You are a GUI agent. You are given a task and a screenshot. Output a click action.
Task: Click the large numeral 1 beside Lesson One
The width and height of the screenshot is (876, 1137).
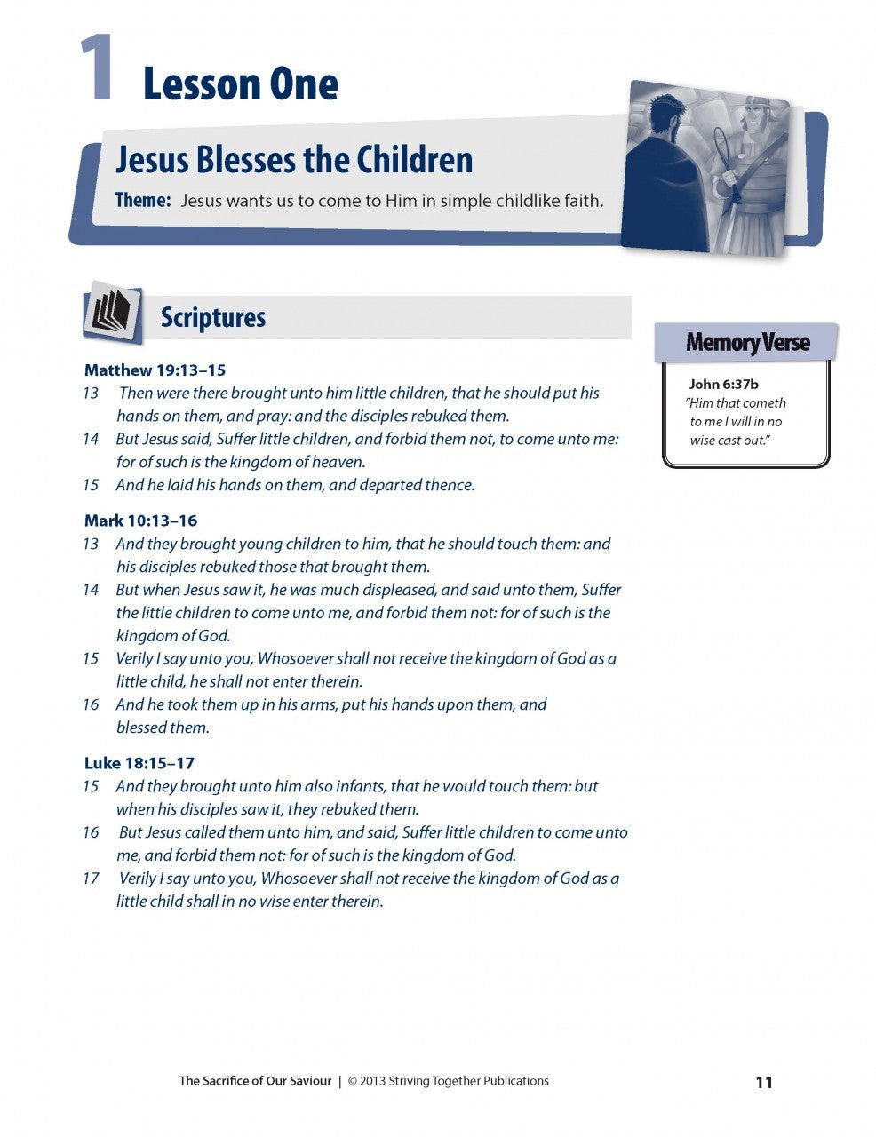[x=96, y=68]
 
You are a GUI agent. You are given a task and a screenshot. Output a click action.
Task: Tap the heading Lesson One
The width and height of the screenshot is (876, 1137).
[x=240, y=85]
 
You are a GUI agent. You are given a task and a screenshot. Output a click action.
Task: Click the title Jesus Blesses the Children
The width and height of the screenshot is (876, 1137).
[x=294, y=160]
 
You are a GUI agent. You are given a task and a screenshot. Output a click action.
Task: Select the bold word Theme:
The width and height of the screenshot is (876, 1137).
[x=143, y=200]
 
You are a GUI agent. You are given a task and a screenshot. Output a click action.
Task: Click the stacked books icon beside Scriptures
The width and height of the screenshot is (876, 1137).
[x=113, y=313]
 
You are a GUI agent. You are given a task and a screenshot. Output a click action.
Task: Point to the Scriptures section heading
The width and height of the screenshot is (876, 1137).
[x=212, y=317]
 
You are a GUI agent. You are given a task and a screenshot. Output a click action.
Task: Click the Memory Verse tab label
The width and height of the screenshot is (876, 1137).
[x=747, y=342]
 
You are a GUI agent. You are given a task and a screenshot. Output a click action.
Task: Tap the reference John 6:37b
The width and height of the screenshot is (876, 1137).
[x=723, y=385]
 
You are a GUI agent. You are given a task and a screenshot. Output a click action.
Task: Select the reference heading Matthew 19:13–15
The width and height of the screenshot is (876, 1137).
[x=155, y=370]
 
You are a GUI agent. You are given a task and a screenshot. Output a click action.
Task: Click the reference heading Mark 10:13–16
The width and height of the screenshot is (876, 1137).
[x=140, y=521]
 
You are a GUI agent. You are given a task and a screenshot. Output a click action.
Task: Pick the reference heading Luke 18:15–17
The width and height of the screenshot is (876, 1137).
[x=139, y=763]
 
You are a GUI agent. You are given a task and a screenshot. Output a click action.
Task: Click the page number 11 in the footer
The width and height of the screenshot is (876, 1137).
[x=764, y=1082]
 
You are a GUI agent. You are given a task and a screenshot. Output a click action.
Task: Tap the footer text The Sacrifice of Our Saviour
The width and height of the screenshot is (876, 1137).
[x=255, y=1081]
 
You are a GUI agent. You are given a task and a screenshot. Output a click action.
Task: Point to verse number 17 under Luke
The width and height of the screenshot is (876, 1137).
[x=91, y=879]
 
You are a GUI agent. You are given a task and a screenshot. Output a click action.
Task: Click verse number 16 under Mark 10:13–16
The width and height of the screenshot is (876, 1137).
[x=91, y=704]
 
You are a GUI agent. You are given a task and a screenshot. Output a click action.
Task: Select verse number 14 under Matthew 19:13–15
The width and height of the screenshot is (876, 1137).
[x=91, y=439]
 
